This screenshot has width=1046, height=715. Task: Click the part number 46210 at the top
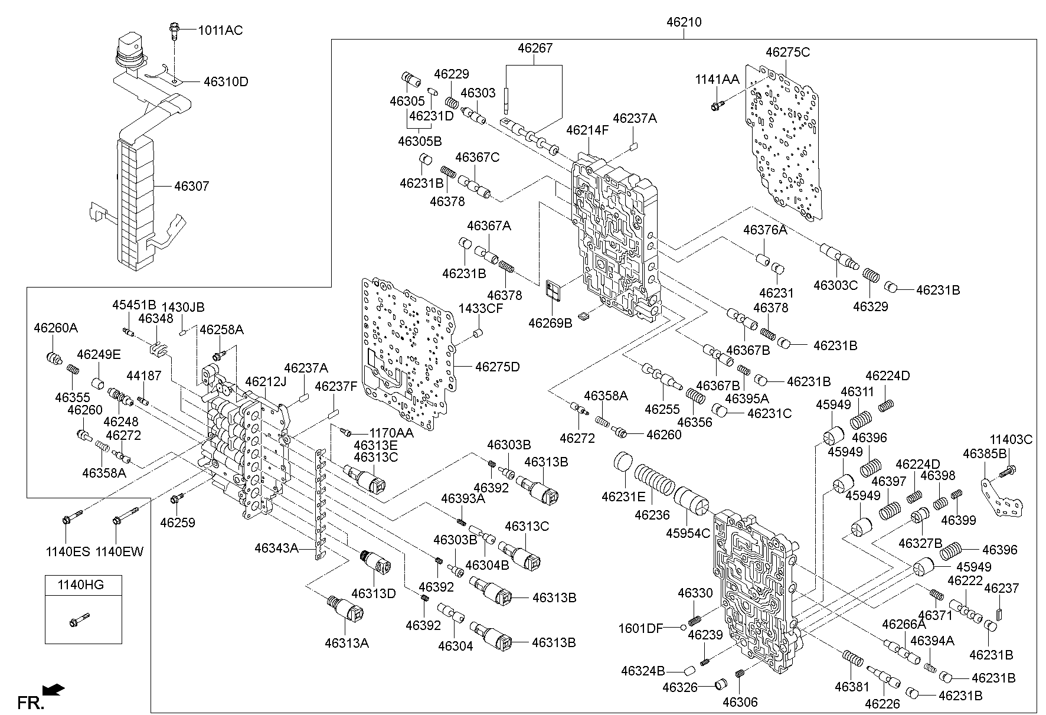click(x=684, y=22)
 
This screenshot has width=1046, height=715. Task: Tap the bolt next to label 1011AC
click(x=175, y=29)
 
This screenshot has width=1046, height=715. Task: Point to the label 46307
click(x=191, y=187)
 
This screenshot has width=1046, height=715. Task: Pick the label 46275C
click(x=787, y=52)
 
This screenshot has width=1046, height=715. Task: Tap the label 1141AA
click(x=717, y=80)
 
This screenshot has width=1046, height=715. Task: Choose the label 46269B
click(x=550, y=323)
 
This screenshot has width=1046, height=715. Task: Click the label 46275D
click(x=497, y=367)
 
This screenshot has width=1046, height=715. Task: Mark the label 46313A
click(x=347, y=643)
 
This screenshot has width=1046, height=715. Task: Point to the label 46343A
click(x=276, y=548)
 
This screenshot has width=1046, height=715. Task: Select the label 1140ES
click(x=68, y=552)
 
